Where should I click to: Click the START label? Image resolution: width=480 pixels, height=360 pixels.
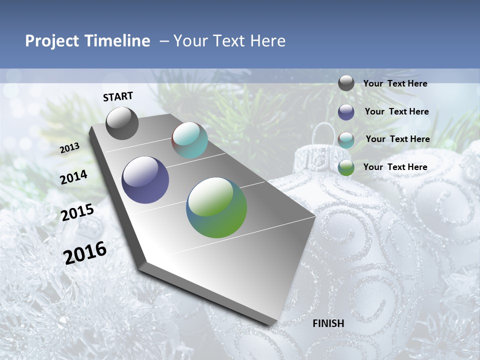pyautogui.click(x=118, y=96)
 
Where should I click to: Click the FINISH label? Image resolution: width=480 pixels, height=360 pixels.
pyautogui.click(x=328, y=323)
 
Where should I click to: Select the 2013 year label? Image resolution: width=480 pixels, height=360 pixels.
pyautogui.click(x=70, y=147)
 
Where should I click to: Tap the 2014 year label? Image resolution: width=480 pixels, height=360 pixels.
pyautogui.click(x=73, y=177)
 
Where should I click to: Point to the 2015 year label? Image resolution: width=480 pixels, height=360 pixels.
pyautogui.click(x=77, y=212)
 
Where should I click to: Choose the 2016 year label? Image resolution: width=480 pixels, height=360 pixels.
pyautogui.click(x=85, y=253)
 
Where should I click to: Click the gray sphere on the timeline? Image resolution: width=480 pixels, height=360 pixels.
pyautogui.click(x=122, y=123)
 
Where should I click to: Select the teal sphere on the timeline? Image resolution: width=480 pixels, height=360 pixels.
pyautogui.click(x=189, y=140)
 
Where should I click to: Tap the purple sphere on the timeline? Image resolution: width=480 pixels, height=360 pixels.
pyautogui.click(x=145, y=180)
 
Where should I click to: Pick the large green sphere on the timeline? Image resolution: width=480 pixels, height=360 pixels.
pyautogui.click(x=216, y=207)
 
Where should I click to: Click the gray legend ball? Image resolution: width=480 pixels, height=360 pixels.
pyautogui.click(x=346, y=83)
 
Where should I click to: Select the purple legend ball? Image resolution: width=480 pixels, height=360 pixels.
pyautogui.click(x=346, y=112)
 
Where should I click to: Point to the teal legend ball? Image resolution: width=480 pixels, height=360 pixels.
pyautogui.click(x=346, y=140)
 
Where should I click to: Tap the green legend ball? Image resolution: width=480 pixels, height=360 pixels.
pyautogui.click(x=346, y=167)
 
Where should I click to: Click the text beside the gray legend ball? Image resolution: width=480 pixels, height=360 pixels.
pyautogui.click(x=395, y=84)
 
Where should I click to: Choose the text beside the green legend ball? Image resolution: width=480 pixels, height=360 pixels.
pyautogui.click(x=395, y=167)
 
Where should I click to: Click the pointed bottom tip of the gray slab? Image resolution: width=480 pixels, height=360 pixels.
pyautogui.click(x=270, y=324)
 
